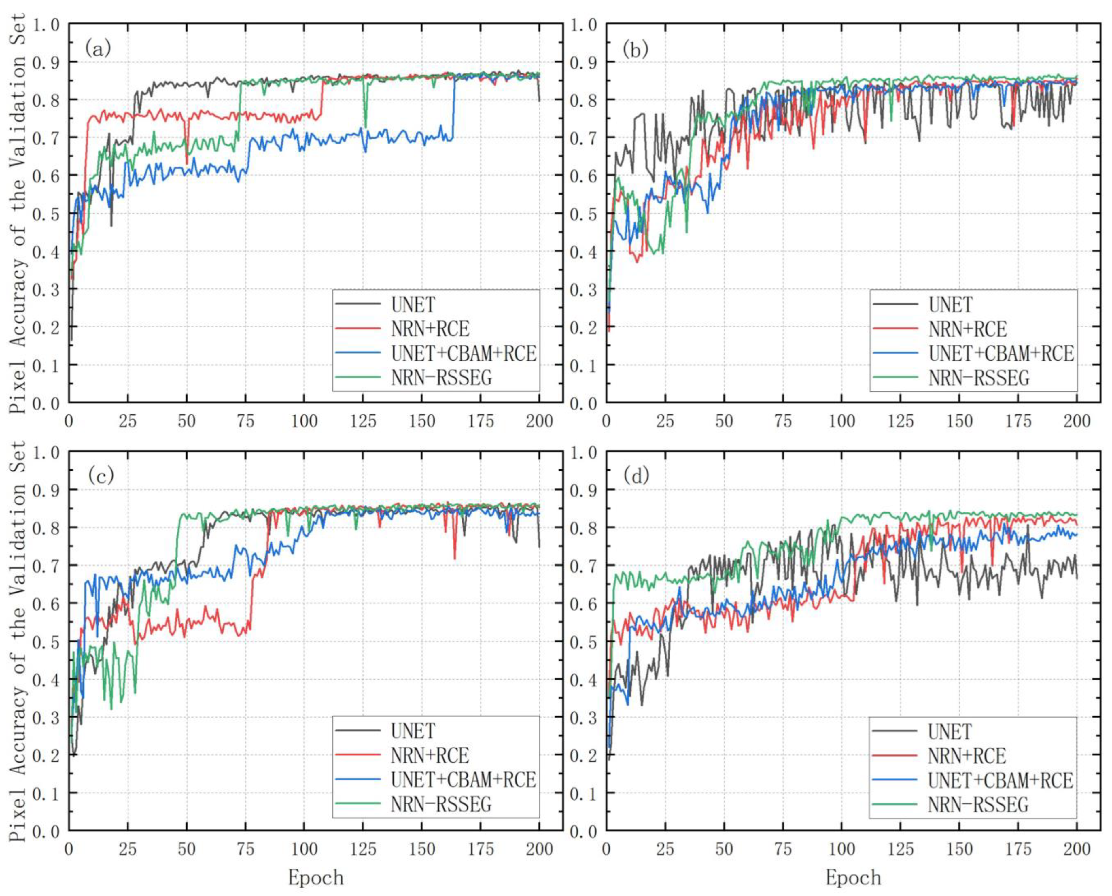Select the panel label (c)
click(x=101, y=476)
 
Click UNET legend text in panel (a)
click(x=413, y=305)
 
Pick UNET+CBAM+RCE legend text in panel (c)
click(x=463, y=779)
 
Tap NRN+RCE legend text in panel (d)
click(x=967, y=756)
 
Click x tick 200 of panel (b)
click(x=1076, y=421)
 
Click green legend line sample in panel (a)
click(x=358, y=377)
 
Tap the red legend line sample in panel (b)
click(x=895, y=329)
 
